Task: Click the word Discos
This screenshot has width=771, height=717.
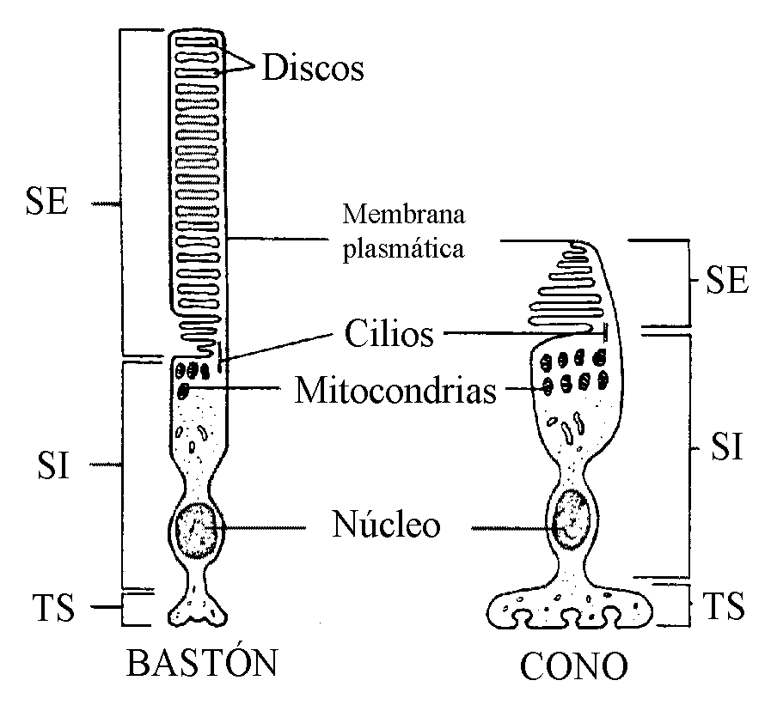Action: pos(312,68)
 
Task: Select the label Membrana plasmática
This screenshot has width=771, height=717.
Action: pos(403,231)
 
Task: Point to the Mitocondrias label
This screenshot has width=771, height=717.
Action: pos(395,392)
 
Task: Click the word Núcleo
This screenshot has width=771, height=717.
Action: pos(386,525)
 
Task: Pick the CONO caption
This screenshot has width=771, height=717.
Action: pos(574,665)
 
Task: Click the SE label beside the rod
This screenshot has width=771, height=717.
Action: pos(46,204)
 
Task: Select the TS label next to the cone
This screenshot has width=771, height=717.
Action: pos(723,605)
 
